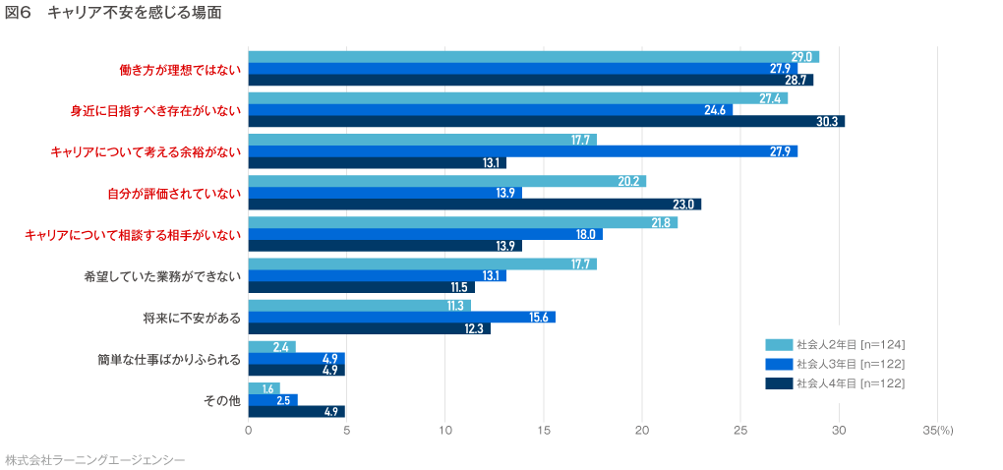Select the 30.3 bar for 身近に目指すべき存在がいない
pos(546,121)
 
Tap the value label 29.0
pos(801,57)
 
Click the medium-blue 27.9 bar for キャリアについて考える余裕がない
pos(522,151)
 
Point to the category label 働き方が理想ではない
pos(180,70)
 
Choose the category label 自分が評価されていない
pos(174,193)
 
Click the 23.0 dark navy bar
pos(474,205)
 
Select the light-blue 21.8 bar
pos(462,222)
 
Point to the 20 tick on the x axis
pos(642,430)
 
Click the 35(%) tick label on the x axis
pos(938,430)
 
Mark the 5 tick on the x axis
pos(346,430)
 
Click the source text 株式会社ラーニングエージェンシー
pos(95,459)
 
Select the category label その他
pos(221,400)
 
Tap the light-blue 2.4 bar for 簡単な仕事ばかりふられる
pos(271,347)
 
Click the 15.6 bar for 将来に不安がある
pos(401,317)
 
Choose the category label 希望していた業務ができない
pos(162,276)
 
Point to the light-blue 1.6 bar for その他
pos(264,388)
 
